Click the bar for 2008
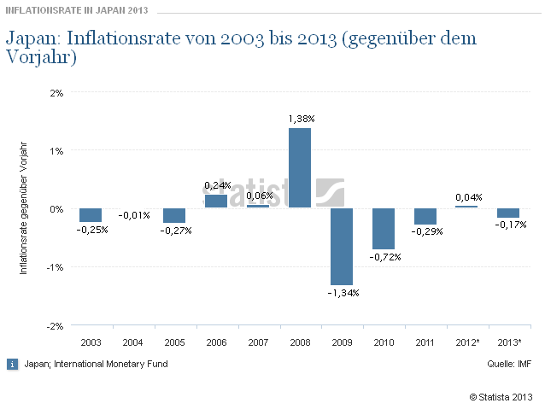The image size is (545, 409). point(300,168)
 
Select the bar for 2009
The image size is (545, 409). point(342,247)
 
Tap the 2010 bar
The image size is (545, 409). point(384,229)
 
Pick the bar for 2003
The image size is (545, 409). point(91,215)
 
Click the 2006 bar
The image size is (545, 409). point(216,202)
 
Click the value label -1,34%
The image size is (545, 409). point(342,293)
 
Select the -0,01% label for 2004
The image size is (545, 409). point(132,215)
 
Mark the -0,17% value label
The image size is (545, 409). point(509,225)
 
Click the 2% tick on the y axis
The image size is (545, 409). point(57,92)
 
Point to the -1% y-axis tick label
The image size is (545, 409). point(56,267)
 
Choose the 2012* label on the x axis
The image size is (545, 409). point(467,342)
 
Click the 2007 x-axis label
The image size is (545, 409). point(258,342)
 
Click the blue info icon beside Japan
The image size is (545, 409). point(12,364)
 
